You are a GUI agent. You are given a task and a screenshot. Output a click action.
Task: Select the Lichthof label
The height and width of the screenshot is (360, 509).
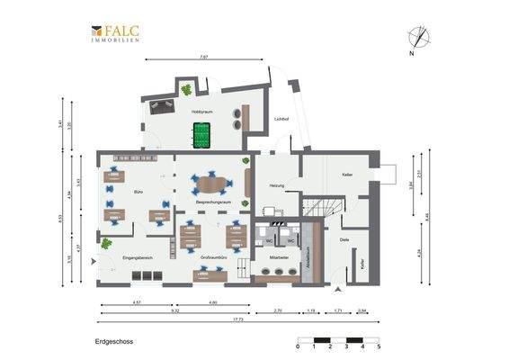[x=281, y=119]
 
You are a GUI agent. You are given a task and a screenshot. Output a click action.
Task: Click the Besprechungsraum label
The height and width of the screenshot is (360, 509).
[x=213, y=204]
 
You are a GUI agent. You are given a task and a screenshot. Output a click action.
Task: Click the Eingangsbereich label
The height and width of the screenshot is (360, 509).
[x=137, y=258]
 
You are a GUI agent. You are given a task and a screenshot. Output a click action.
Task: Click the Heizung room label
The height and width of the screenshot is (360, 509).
[x=277, y=185]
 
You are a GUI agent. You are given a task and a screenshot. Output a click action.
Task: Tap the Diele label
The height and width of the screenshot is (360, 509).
[x=344, y=239]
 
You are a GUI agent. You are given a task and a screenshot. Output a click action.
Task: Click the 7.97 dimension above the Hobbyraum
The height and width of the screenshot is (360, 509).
[x=204, y=57]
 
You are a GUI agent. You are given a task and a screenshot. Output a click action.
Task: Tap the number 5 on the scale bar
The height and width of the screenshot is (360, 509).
[x=379, y=346]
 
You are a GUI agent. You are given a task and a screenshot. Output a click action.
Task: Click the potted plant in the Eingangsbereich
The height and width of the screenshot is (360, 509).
[x=106, y=243]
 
